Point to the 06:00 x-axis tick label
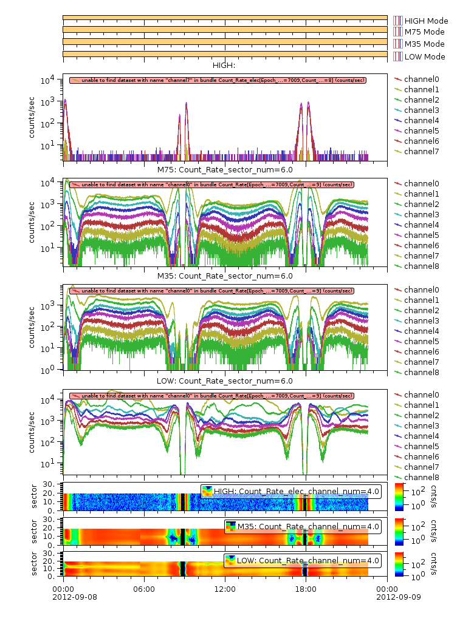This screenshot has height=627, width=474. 144,588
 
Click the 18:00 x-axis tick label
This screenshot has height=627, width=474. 306,588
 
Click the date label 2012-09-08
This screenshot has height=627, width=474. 63,596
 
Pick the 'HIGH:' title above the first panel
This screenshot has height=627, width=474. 224,66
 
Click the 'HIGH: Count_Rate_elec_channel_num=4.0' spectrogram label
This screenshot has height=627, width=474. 291,491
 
